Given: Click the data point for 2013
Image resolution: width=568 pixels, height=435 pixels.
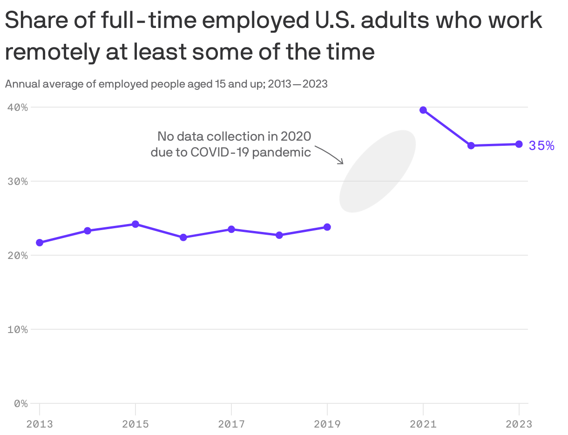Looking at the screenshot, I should (40, 243).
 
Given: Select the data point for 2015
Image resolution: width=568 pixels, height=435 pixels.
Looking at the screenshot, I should (135, 224).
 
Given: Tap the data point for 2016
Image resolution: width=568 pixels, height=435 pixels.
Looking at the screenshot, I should (183, 238).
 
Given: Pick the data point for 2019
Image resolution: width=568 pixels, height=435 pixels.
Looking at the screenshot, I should (327, 227).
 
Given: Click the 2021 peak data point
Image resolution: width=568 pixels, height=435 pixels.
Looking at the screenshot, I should (423, 110).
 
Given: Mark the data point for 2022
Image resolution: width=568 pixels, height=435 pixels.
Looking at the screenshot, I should (471, 146).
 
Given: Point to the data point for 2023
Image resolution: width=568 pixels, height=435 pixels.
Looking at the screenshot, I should (519, 144).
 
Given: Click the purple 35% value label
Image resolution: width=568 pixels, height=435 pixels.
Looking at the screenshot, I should (541, 146).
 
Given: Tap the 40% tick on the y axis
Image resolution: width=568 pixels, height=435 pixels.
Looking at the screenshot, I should (18, 107).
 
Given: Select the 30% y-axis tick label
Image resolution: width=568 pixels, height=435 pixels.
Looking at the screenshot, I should (18, 181).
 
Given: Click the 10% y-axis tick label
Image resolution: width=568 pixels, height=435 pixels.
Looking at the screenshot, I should (18, 329).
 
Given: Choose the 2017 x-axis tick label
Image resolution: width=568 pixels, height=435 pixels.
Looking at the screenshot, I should (231, 424).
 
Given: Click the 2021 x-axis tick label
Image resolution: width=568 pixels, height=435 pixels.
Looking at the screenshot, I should (423, 424).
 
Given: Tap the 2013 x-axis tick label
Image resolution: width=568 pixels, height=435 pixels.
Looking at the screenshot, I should (40, 424).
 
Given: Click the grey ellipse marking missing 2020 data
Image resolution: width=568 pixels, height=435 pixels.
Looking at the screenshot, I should (377, 171).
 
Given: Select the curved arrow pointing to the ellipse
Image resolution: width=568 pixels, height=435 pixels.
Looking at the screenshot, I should (330, 154).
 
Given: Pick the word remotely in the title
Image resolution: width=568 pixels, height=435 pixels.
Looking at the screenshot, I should (51, 52).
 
